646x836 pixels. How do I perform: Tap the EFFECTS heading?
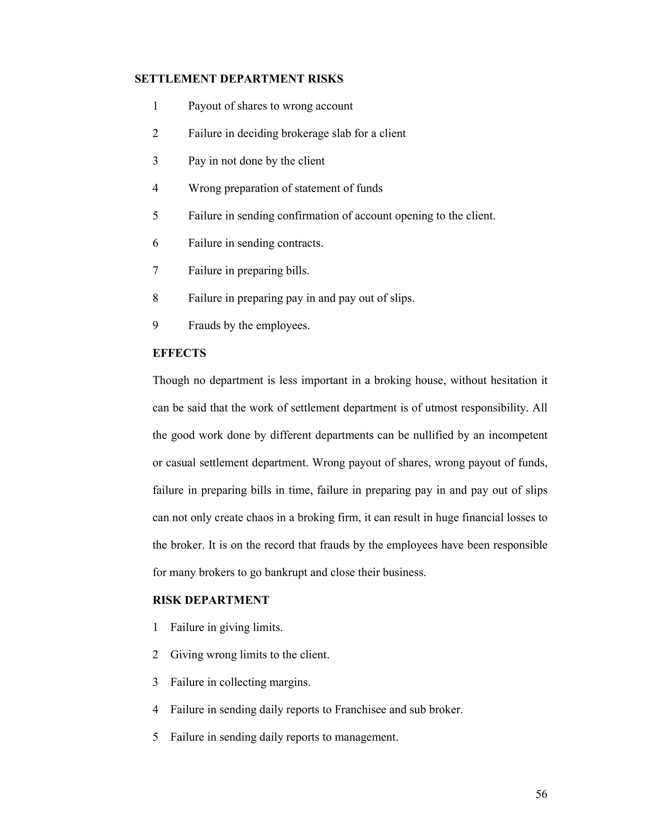[179, 353]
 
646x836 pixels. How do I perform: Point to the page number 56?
[541, 794]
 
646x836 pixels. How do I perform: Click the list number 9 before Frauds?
[156, 325]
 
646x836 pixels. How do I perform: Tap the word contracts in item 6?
[300, 243]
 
